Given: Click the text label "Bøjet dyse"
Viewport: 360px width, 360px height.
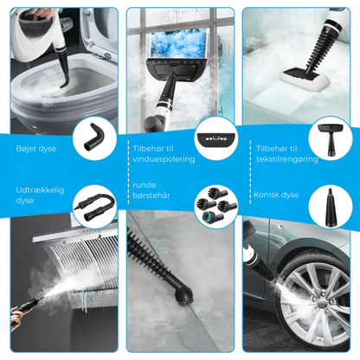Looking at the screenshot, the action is tap(36, 149).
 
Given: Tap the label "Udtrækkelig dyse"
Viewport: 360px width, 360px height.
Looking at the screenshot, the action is tap(40, 196).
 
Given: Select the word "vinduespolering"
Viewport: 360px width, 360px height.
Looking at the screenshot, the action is tap(164, 159).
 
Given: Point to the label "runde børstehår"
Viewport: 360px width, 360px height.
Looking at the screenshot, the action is tap(151, 190).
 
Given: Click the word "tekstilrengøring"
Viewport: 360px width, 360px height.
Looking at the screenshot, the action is tap(287, 159).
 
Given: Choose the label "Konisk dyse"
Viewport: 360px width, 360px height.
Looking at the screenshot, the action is tap(276, 195).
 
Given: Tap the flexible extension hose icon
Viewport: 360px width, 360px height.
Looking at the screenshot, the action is tap(94, 206).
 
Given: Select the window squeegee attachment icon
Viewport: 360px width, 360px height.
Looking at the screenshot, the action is tap(216, 139).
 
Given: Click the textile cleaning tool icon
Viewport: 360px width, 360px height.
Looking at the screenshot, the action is tap(331, 139).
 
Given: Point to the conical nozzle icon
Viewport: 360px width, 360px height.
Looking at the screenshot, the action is tap(331, 207).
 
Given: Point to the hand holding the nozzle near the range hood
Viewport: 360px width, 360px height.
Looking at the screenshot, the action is tap(17, 318).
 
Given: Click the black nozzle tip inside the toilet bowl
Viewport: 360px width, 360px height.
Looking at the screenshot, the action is tap(64, 84).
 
